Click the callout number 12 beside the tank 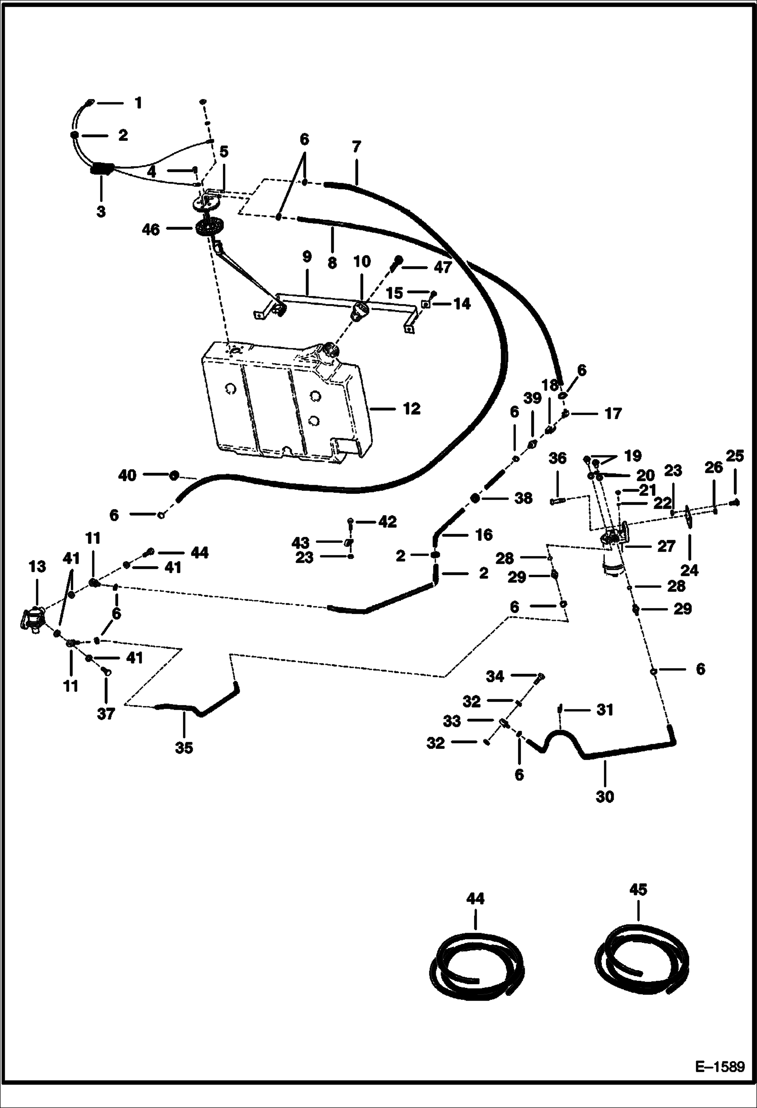pos(412,409)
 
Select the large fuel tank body pos(283,401)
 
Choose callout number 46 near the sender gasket pos(151,230)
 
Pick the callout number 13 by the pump pos(37,567)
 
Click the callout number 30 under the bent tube pos(605,796)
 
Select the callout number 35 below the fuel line pos(184,747)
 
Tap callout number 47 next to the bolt pos(443,267)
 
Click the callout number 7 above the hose pos(356,147)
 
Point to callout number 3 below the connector pos(101,211)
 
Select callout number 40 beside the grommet pos(127,475)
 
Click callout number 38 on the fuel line pos(523,498)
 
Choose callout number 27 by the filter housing pos(666,546)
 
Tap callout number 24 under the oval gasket pos(689,570)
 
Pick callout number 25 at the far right pos(735,456)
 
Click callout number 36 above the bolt pos(557,458)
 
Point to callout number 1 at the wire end pos(138,103)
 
